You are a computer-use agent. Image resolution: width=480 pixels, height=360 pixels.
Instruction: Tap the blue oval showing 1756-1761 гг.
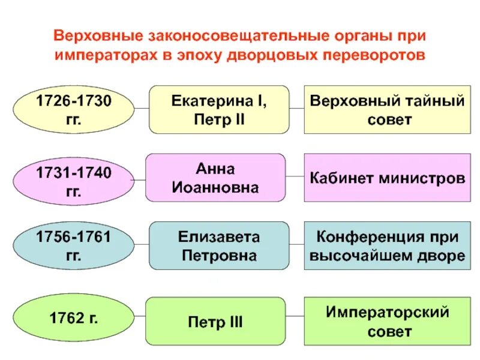pyautogui.click(x=73, y=247)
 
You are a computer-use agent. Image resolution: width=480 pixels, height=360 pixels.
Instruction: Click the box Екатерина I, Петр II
pyautogui.click(x=219, y=109)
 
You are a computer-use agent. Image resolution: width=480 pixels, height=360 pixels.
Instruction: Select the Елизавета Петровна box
pyautogui.click(x=219, y=246)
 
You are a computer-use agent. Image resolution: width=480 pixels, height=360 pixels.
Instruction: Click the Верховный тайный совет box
pyautogui.click(x=387, y=109)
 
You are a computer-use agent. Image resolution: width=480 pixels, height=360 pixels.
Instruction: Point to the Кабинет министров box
pyautogui.click(x=387, y=178)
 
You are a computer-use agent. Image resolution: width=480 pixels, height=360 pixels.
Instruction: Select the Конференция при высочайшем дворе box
pyautogui.click(x=387, y=246)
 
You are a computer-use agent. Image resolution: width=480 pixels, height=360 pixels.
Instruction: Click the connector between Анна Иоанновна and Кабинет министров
pyautogui.click(x=295, y=177)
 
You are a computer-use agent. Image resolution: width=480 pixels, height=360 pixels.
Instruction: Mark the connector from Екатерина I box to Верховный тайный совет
pyautogui.click(x=297, y=109)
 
